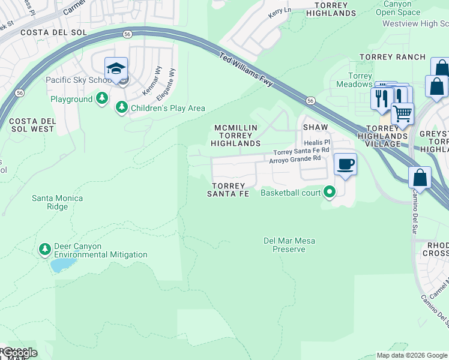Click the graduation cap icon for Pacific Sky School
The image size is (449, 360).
click(116, 68)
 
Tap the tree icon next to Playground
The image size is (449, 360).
click(103, 98)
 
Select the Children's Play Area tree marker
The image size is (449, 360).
click(122, 107)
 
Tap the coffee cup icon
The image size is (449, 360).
click(345, 164)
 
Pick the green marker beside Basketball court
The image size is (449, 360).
click(329, 192)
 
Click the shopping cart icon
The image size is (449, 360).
click(402, 112)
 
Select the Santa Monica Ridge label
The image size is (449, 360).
click(58, 202)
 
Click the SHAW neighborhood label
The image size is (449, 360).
click(315, 128)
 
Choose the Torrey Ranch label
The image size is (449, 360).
click(392, 57)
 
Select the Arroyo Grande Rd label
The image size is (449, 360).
click(295, 160)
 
